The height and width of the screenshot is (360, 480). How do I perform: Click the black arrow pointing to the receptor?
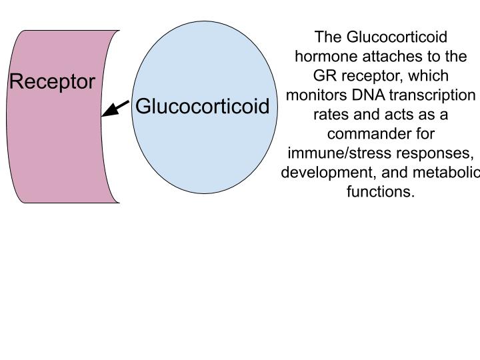115,109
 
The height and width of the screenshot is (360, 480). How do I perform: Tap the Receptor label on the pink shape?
53,82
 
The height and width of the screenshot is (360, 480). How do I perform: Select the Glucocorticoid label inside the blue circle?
203,106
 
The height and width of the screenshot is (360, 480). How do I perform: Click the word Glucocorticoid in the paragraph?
397,37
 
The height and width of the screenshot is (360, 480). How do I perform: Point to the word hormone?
326,56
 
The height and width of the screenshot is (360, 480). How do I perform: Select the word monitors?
317,95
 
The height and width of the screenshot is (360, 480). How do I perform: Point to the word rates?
331,115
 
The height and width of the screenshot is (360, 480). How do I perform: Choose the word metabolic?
446,173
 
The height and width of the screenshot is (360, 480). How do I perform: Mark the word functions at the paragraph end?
381,191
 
